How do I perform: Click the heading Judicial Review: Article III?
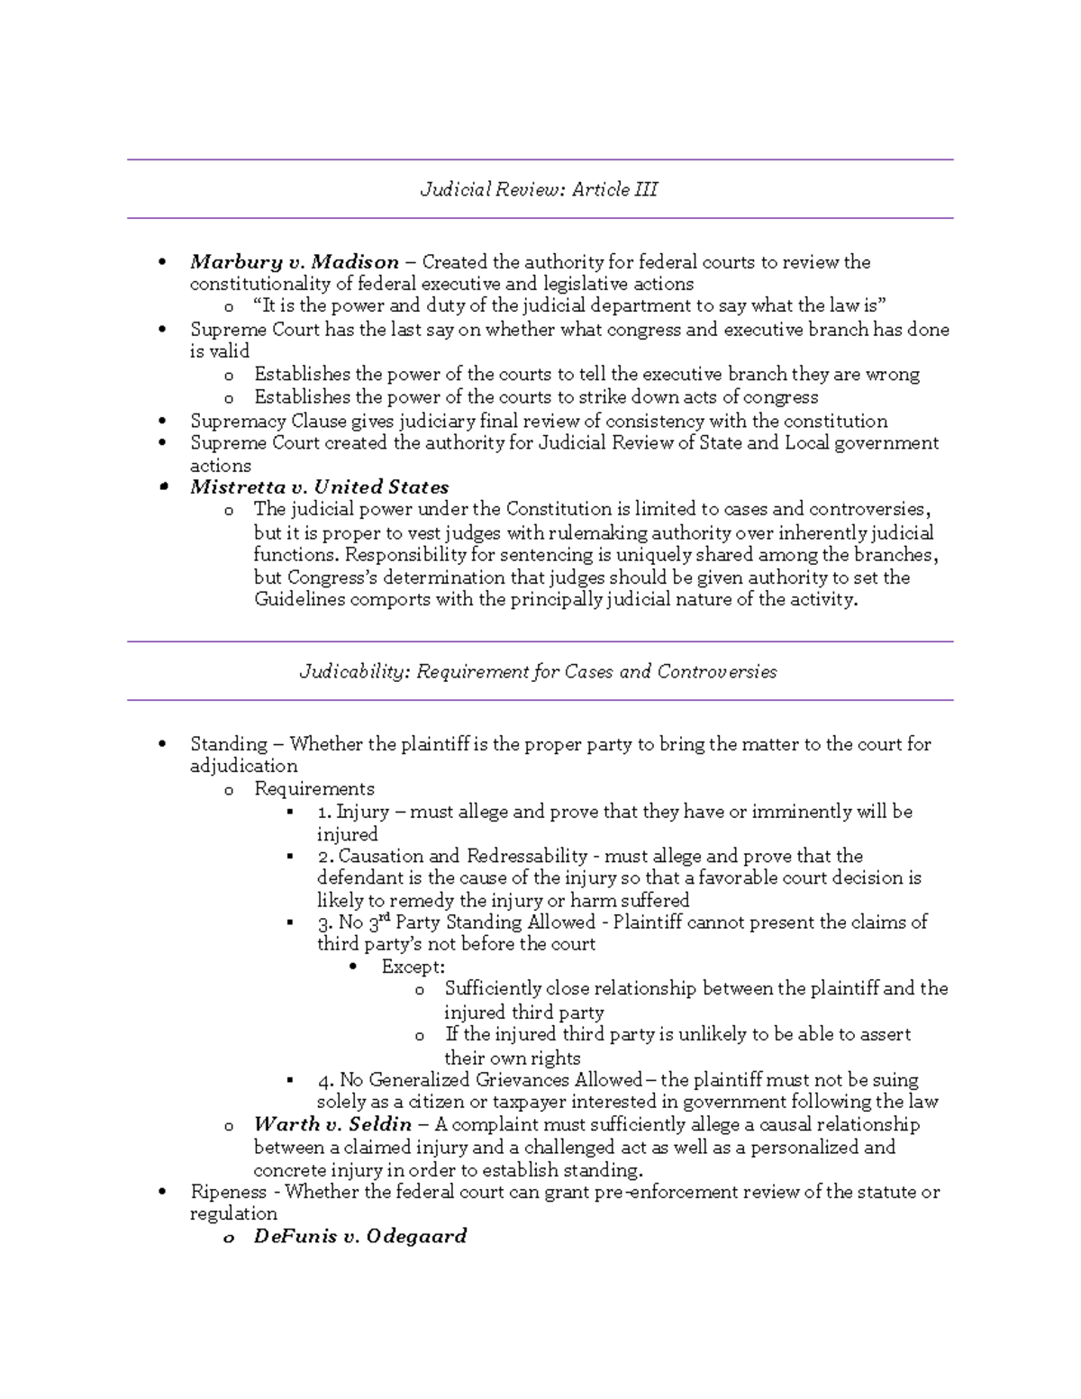coord(539,189)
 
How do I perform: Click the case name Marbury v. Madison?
coord(295,262)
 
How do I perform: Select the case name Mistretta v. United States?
coord(319,487)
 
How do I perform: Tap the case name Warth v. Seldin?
coord(332,1124)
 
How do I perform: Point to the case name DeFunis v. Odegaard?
coord(359,1236)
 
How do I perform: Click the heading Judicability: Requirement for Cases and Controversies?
coord(538,672)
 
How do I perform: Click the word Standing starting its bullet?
coord(229,744)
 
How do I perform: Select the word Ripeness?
coord(229,1192)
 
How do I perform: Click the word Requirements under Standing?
coord(313,789)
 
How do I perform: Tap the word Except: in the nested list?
coord(413,967)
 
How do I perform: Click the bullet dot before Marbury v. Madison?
coord(162,263)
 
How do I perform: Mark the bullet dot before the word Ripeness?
coord(162,1193)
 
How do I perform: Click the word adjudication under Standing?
coord(243,767)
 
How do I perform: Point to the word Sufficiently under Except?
coord(493,989)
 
